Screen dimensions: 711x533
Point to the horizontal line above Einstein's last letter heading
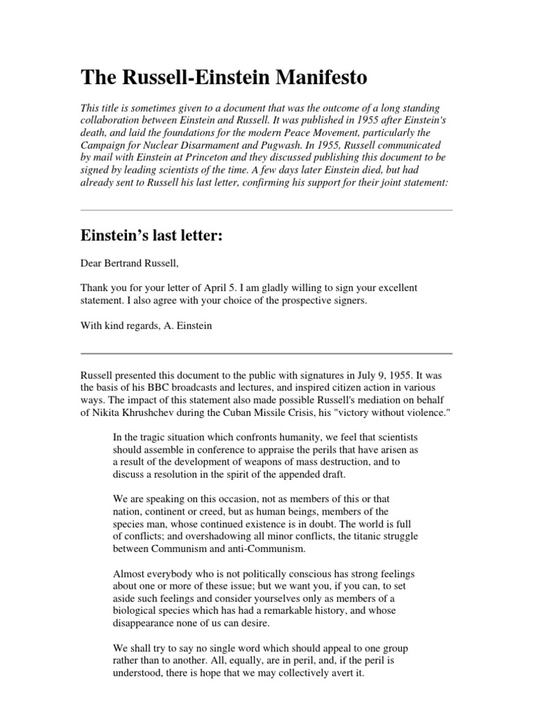point(266,210)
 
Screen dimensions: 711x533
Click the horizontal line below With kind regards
point(266,353)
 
